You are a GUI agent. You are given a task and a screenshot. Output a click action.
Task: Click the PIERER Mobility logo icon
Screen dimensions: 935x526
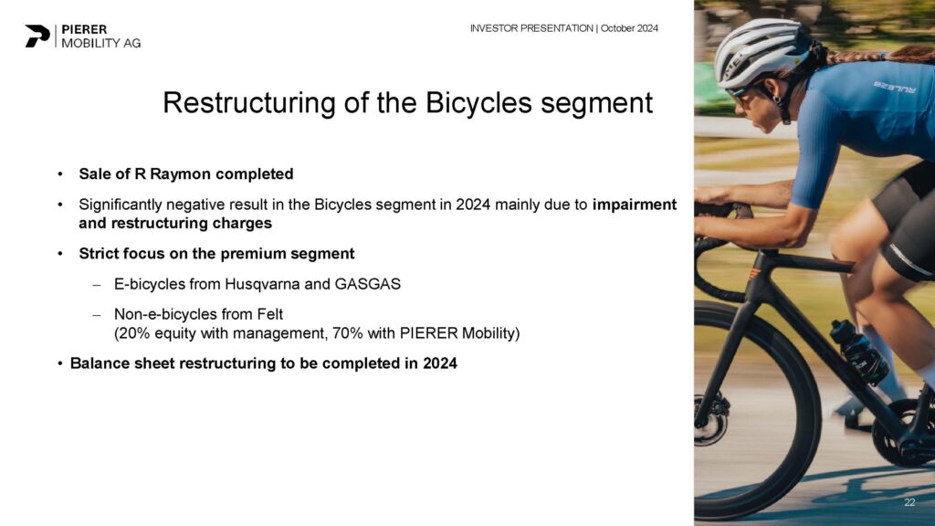pyautogui.click(x=37, y=36)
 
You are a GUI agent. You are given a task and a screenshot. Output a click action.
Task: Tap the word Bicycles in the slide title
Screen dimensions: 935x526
pyautogui.click(x=478, y=102)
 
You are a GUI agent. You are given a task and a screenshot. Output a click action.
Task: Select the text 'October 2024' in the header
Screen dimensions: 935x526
pyautogui.click(x=629, y=28)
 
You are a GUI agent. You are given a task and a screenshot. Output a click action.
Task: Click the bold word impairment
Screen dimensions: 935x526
pyautogui.click(x=635, y=205)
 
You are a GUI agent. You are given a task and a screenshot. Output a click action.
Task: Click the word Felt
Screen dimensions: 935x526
pyautogui.click(x=270, y=314)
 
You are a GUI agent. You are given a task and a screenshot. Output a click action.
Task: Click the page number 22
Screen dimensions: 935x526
pyautogui.click(x=909, y=503)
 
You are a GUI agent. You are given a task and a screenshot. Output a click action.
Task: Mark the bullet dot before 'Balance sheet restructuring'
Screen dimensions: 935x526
pyautogui.click(x=60, y=363)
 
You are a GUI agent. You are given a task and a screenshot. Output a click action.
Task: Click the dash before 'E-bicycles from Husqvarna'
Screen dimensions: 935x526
pyautogui.click(x=96, y=285)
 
